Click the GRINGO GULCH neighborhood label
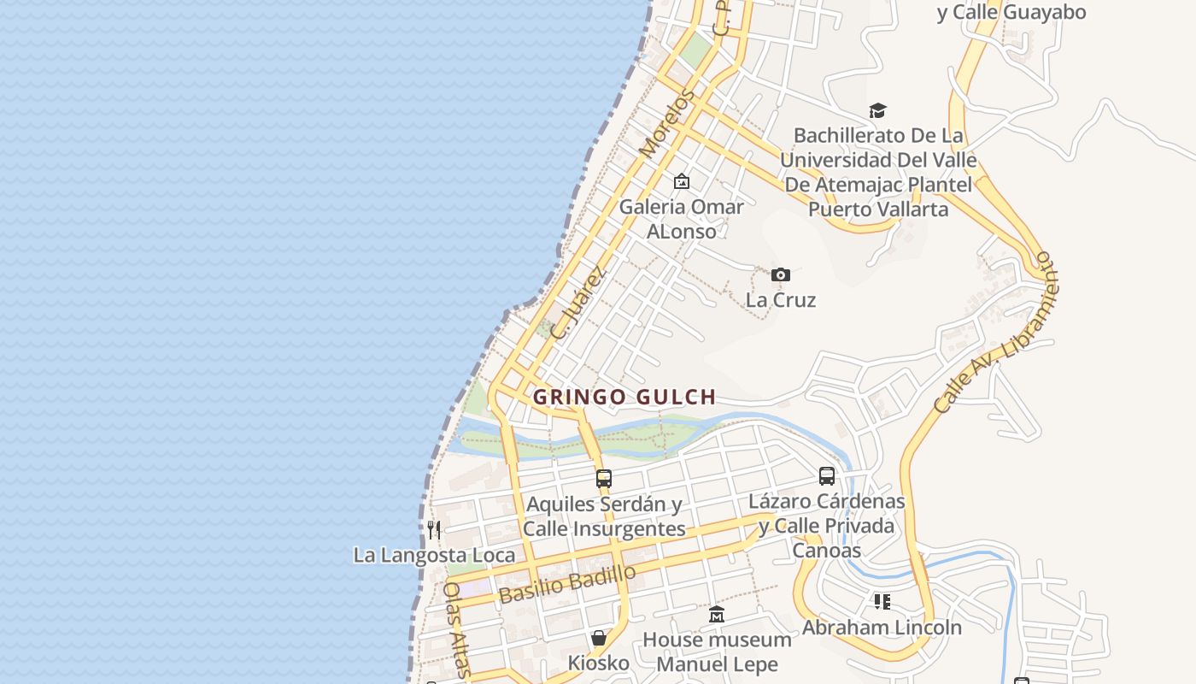pyautogui.click(x=624, y=397)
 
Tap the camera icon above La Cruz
pyautogui.click(x=780, y=274)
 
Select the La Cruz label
pyautogui.click(x=780, y=300)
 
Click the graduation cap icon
pyautogui.click(x=877, y=110)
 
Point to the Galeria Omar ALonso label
pyautogui.click(x=681, y=219)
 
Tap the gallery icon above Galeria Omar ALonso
pyautogui.click(x=681, y=181)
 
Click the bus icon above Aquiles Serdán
pyautogui.click(x=604, y=479)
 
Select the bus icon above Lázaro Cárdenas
pyautogui.click(x=826, y=476)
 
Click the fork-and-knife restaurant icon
pyautogui.click(x=434, y=530)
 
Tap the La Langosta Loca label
pyautogui.click(x=434, y=555)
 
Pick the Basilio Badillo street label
pyautogui.click(x=567, y=584)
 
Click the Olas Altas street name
pyautogui.click(x=456, y=629)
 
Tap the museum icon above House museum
pyautogui.click(x=717, y=615)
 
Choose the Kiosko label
pyautogui.click(x=598, y=663)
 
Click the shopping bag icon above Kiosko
pyautogui.click(x=598, y=638)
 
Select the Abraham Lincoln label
pyautogui.click(x=881, y=627)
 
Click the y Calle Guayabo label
pyautogui.click(x=1011, y=12)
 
